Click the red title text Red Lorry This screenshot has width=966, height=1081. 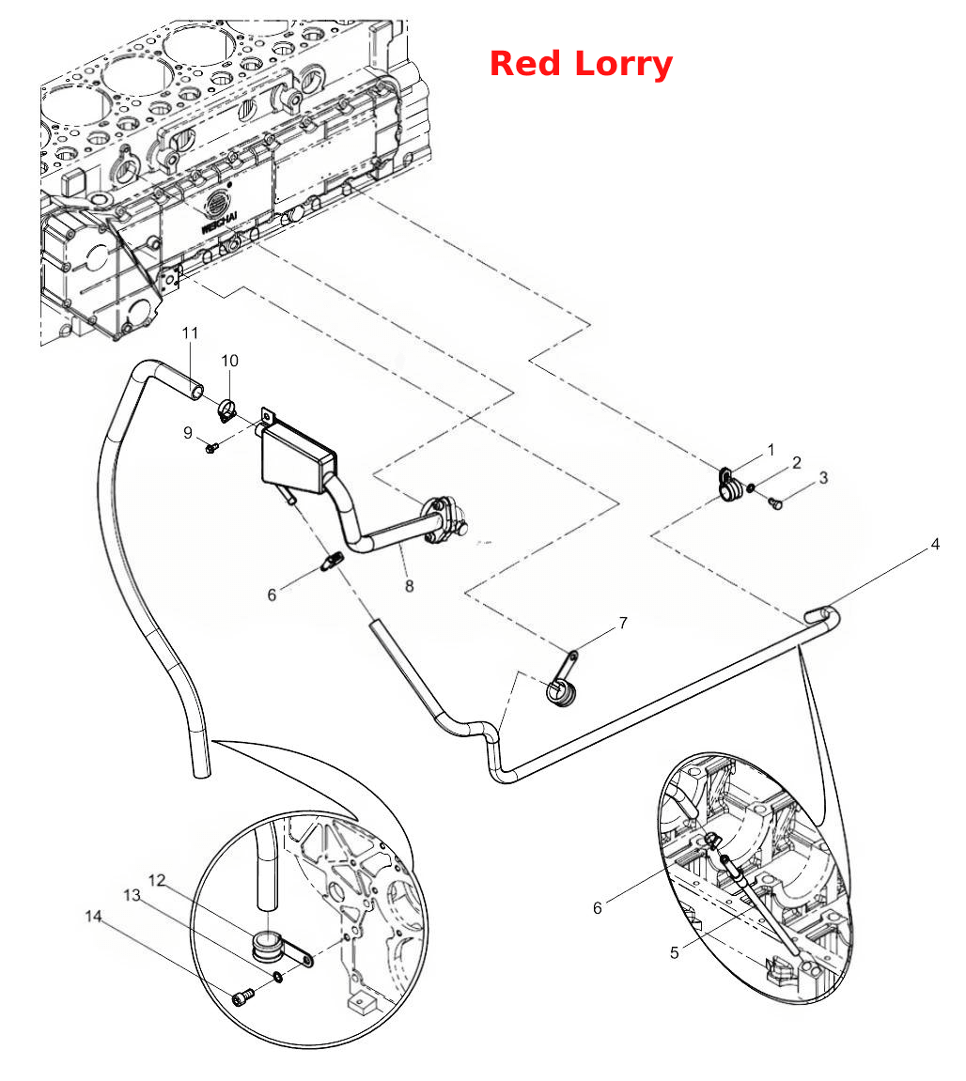[581, 64]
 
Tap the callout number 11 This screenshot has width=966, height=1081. [190, 333]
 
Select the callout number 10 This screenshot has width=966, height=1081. [230, 361]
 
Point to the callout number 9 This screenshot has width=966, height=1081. [188, 433]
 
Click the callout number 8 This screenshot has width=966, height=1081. [409, 586]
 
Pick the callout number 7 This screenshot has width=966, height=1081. [623, 624]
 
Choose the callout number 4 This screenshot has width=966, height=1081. [935, 544]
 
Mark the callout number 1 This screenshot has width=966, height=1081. [771, 450]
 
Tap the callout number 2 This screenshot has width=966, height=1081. [796, 463]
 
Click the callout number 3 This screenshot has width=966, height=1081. [822, 478]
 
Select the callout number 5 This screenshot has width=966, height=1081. [674, 952]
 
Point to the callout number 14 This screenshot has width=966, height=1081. [93, 917]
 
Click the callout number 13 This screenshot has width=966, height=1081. [132, 895]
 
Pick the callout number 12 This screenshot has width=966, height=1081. [157, 880]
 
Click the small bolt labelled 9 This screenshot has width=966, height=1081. [211, 448]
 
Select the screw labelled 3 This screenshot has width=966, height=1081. [776, 504]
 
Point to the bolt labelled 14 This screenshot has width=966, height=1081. [242, 996]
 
